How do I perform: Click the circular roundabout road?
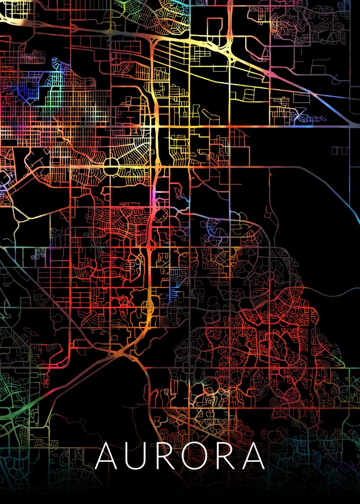coord(111,168)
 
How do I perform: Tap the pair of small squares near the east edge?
coord(340,150)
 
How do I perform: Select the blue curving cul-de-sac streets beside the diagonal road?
coord(301,114)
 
